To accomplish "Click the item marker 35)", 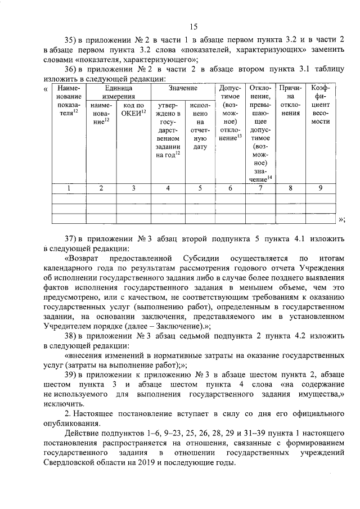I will (73, 40).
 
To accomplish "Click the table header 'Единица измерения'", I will (118, 93).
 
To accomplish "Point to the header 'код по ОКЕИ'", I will (134, 109).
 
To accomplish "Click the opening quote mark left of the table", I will (46, 89).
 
